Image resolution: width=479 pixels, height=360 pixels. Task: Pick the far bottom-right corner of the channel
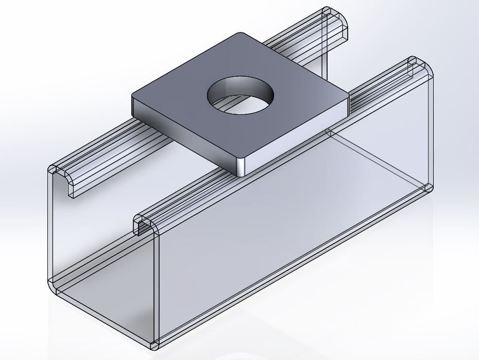click(x=430, y=186)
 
